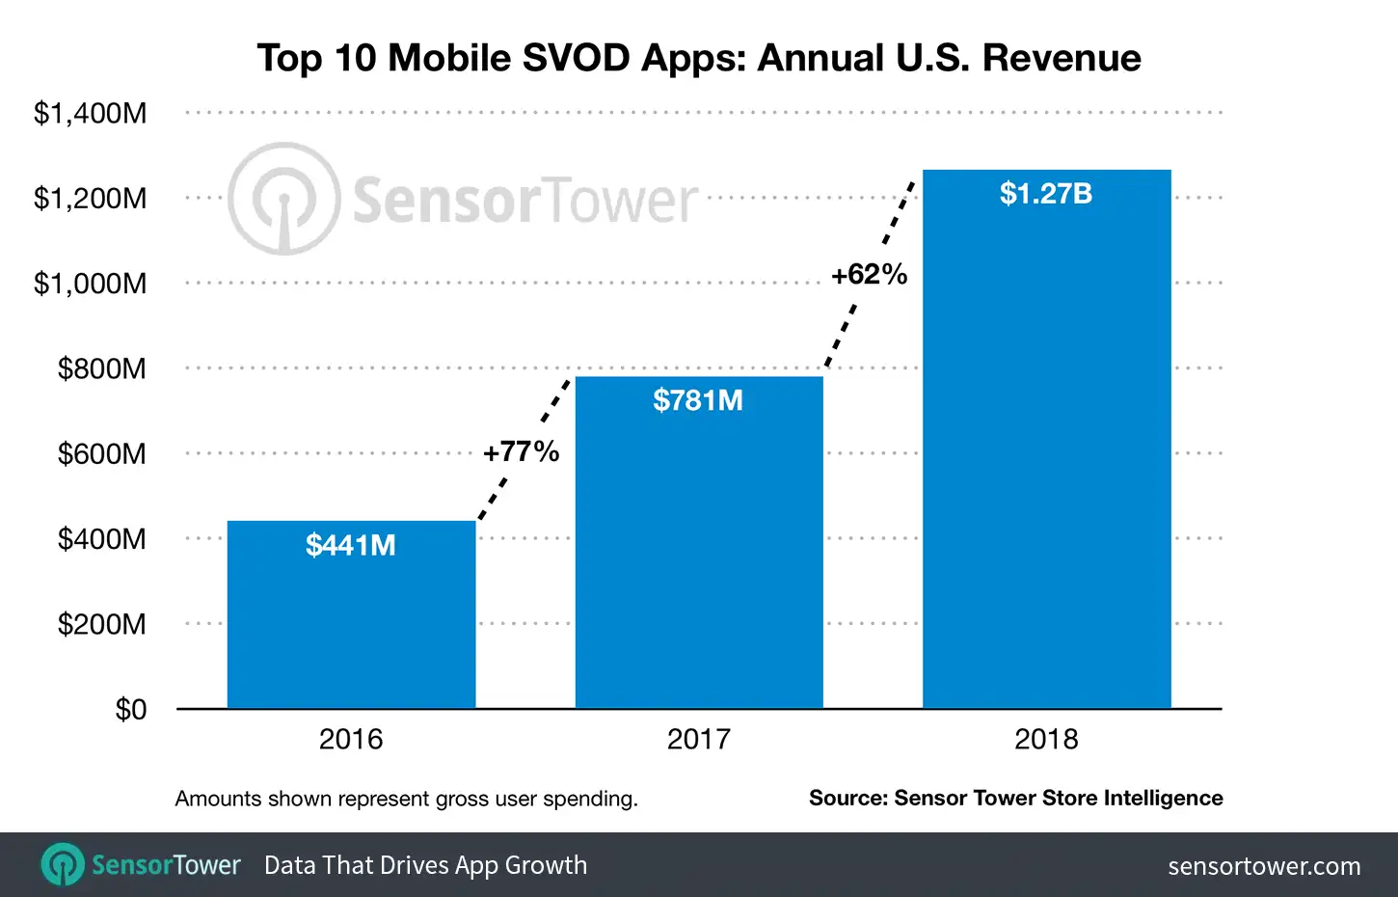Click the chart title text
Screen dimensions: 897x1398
coord(699,58)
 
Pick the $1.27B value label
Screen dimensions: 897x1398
coord(1046,194)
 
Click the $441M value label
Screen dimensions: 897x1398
coord(351,545)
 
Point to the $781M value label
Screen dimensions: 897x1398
coord(698,400)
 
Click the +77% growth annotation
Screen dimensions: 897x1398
coord(521,451)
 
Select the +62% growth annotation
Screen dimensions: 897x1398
coord(869,275)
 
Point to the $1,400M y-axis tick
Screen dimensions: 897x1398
coord(91,113)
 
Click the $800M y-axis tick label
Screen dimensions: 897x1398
coord(102,368)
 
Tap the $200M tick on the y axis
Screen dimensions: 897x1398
coord(102,624)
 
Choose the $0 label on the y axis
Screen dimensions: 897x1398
coord(131,710)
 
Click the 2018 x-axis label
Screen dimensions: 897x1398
coord(1046,740)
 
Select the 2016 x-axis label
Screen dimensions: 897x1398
coord(351,740)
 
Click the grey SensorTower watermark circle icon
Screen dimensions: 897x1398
coord(283,200)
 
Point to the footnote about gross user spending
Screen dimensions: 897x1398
coord(406,799)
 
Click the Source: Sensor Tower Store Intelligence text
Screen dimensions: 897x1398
coord(1015,799)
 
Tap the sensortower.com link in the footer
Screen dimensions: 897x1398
coord(1264,866)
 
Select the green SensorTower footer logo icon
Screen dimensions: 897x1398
coord(63,864)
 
